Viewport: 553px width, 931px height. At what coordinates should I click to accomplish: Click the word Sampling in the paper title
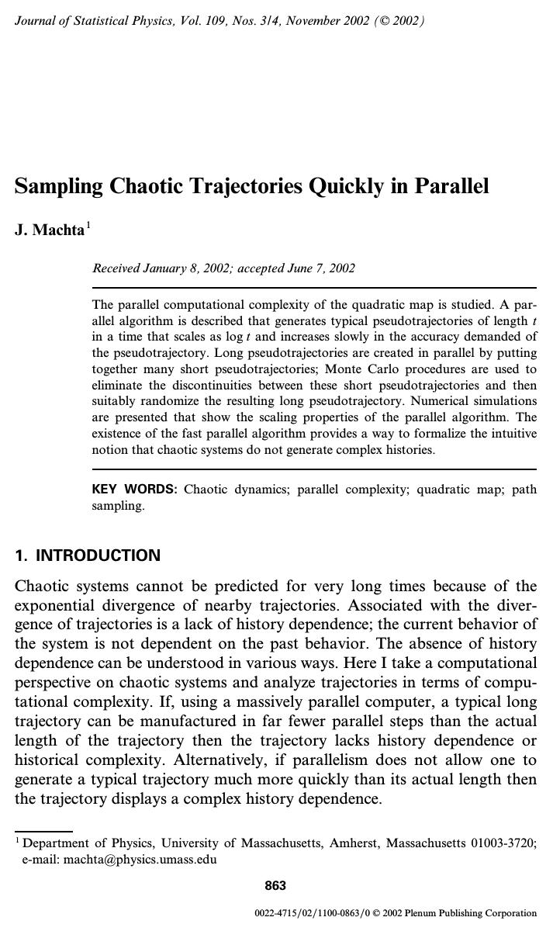[59, 187]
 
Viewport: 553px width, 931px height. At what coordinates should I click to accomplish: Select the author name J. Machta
[49, 230]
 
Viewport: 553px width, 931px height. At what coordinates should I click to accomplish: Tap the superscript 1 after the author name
[88, 226]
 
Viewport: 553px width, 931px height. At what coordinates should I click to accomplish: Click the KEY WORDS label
[134, 490]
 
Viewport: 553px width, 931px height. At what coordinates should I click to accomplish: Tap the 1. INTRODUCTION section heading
[88, 555]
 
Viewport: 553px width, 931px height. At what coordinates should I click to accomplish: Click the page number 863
[275, 886]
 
